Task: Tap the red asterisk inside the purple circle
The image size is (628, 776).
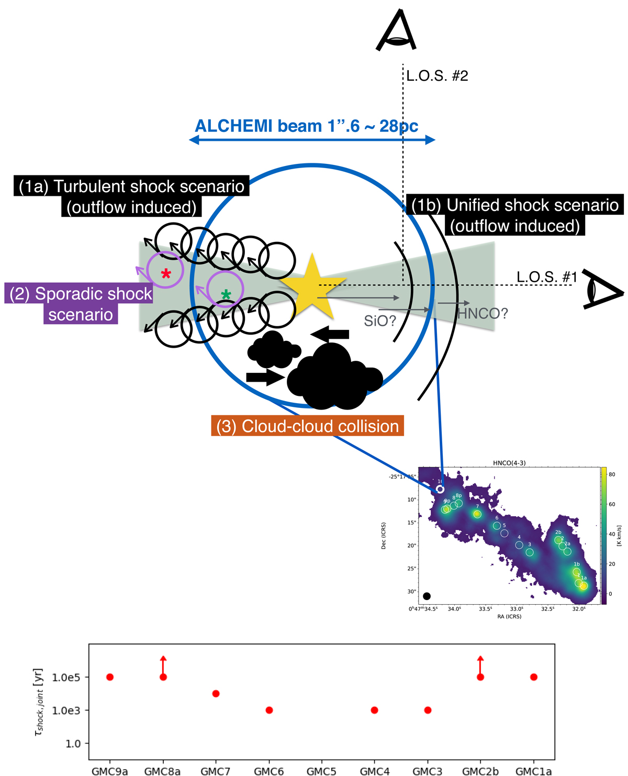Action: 166,273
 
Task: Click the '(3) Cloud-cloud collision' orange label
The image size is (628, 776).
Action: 307,426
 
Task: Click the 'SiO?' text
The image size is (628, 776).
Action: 380,320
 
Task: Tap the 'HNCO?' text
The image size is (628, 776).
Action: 483,314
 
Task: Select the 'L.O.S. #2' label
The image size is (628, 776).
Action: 437,76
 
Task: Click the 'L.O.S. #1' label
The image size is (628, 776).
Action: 546,276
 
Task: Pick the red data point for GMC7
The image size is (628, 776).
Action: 216,693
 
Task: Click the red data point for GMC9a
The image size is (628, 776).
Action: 110,677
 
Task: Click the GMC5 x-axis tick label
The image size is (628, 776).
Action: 321,771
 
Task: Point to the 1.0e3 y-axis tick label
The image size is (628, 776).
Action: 66,711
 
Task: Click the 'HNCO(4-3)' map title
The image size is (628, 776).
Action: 509,463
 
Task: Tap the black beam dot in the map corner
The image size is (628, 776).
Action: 427,596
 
